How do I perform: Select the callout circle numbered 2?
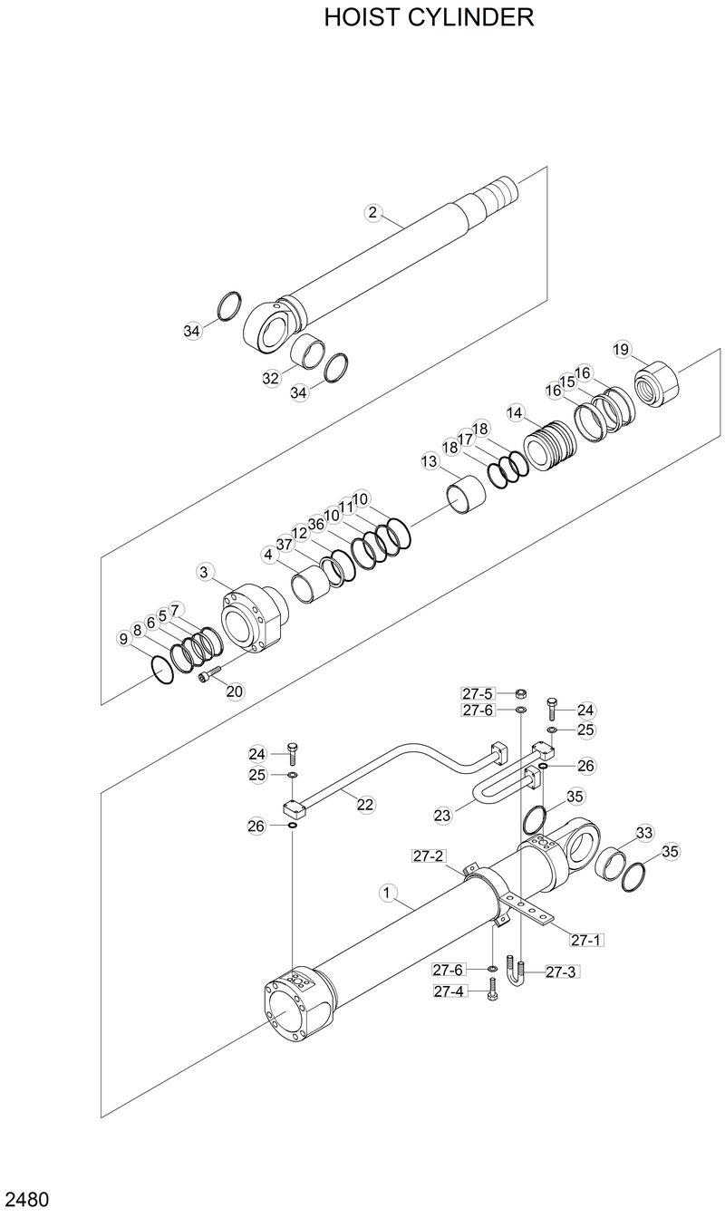[372, 213]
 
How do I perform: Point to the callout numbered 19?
[621, 350]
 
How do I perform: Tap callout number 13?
[429, 461]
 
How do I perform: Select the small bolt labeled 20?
[208, 677]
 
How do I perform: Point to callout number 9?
[123, 639]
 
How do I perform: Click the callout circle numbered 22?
[365, 804]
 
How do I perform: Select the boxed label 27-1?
[585, 940]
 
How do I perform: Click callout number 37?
[285, 544]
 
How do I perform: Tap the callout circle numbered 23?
[442, 816]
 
